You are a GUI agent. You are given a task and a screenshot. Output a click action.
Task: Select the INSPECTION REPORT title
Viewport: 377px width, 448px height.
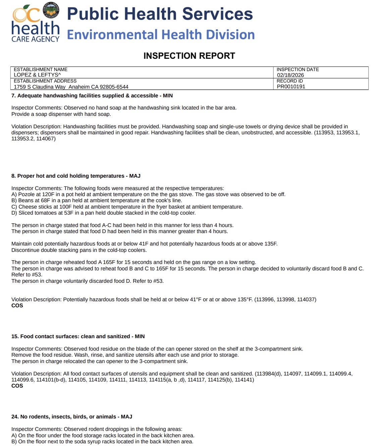pos(189,56)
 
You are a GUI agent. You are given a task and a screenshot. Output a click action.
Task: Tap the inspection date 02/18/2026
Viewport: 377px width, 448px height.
pos(290,75)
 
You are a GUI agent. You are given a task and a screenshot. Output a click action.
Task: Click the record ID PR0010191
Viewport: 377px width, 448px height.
pos(291,87)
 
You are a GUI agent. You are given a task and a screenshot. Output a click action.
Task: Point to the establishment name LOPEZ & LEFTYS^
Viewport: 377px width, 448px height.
pos(37,75)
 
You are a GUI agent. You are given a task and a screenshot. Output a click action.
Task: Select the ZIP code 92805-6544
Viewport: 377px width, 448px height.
pos(114,87)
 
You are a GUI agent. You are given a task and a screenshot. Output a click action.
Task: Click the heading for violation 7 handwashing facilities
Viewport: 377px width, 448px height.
pos(92,96)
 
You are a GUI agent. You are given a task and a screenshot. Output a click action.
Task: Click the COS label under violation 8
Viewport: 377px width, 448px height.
pos(17,306)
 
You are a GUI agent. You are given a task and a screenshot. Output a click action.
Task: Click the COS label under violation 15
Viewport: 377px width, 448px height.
pos(17,386)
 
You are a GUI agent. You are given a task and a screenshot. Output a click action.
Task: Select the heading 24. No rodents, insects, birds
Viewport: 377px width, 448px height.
pos(71,417)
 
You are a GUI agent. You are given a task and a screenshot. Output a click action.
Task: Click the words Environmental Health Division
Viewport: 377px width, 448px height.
pos(161,35)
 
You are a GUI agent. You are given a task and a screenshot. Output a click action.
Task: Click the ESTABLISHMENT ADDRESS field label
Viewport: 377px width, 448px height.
pos(45,81)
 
